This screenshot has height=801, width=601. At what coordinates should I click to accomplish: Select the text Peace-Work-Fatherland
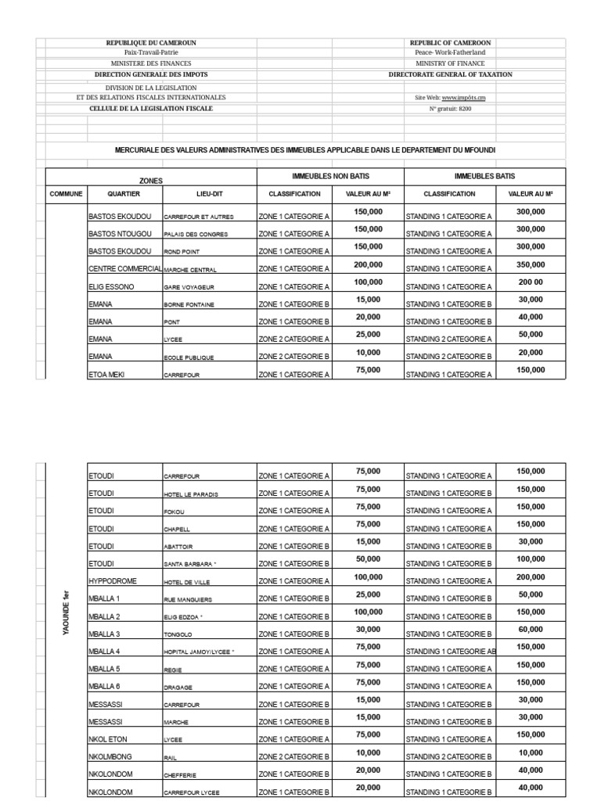pyautogui.click(x=450, y=52)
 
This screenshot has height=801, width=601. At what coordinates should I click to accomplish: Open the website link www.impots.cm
pyautogui.click(x=463, y=98)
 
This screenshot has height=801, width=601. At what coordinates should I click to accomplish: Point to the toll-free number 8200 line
pyautogui.click(x=450, y=109)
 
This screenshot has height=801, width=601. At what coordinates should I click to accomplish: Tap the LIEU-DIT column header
pyautogui.click(x=209, y=193)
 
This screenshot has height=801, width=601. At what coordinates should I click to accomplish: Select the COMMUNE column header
pyautogui.click(x=66, y=193)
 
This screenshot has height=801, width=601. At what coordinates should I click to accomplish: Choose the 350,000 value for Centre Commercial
pyautogui.click(x=531, y=265)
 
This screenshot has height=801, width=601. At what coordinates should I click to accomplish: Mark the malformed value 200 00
pyautogui.click(x=531, y=282)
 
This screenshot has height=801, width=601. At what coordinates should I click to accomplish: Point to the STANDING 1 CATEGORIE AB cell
pyautogui.click(x=450, y=651)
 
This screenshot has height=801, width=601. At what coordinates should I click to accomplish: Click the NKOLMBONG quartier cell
pyautogui.click(x=115, y=756)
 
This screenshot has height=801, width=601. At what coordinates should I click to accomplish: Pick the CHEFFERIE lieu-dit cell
pyautogui.click(x=181, y=774)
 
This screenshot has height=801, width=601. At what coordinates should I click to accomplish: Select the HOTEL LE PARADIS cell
pyautogui.click(x=191, y=494)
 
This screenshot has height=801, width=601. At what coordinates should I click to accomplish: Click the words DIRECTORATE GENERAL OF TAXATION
pyautogui.click(x=450, y=74)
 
